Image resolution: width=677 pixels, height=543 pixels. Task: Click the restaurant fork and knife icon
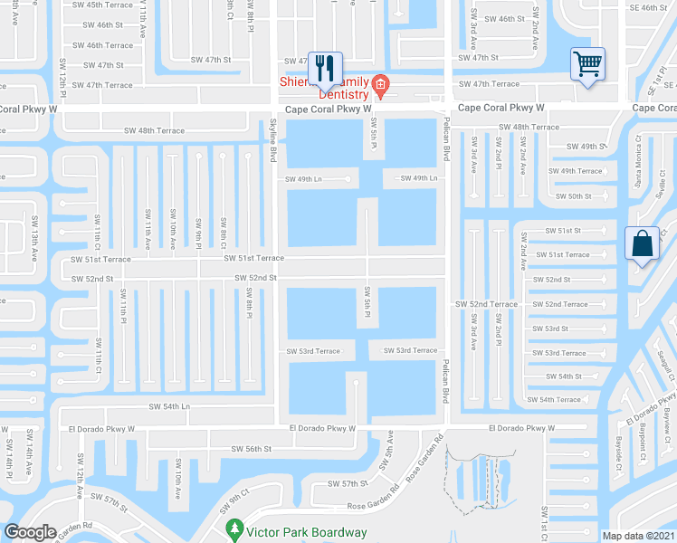pyautogui.click(x=325, y=66)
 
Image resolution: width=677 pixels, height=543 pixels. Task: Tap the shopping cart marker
pyautogui.click(x=587, y=64)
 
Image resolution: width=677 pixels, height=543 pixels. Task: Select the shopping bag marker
pyautogui.click(x=642, y=243)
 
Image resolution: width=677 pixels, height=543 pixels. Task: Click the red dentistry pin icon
pyautogui.click(x=381, y=87)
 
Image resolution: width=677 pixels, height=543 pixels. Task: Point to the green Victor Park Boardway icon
pyautogui.click(x=234, y=527)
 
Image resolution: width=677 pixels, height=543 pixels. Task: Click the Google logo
pyautogui.click(x=30, y=532)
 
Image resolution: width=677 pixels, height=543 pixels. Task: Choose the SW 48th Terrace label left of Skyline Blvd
pyautogui.click(x=160, y=130)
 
